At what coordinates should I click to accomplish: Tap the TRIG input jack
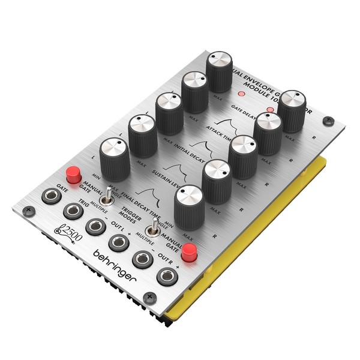click(73, 211)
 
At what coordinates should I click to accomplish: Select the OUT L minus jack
click(95, 226)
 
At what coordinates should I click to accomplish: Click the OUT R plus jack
click(166, 277)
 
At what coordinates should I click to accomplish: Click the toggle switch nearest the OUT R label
click(155, 227)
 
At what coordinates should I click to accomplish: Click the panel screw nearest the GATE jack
click(27, 211)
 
